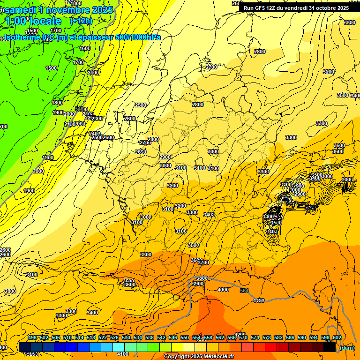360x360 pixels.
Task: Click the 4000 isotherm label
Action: [x=224, y=290]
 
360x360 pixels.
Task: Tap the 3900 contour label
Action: [x=198, y=284]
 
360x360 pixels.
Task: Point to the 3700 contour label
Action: [x=203, y=263]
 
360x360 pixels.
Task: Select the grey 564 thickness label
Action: [x=244, y=291]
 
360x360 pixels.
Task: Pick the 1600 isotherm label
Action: [x=85, y=48]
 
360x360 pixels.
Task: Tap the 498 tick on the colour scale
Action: [x=32, y=338]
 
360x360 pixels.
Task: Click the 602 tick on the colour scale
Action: [x=337, y=338]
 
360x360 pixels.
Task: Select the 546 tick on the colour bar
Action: [x=173, y=338]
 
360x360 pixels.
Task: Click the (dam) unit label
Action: [x=347, y=348]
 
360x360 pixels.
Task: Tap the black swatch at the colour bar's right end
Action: [x=330, y=347]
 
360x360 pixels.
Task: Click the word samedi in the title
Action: [x=21, y=10]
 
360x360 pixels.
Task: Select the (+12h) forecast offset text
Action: [x=81, y=21]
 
